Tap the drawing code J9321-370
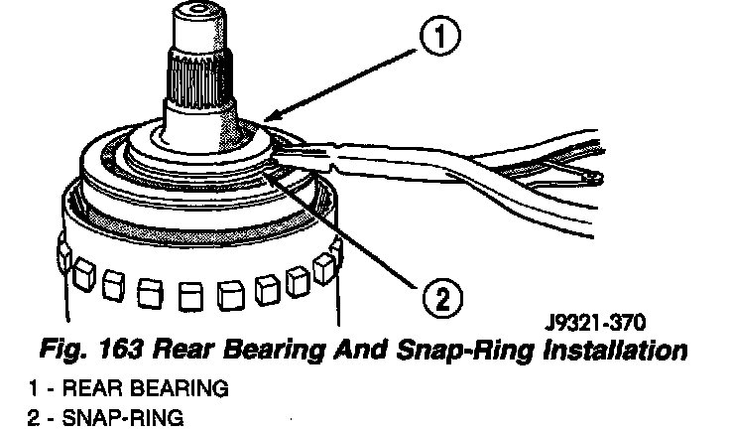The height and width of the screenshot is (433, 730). click(598, 323)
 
